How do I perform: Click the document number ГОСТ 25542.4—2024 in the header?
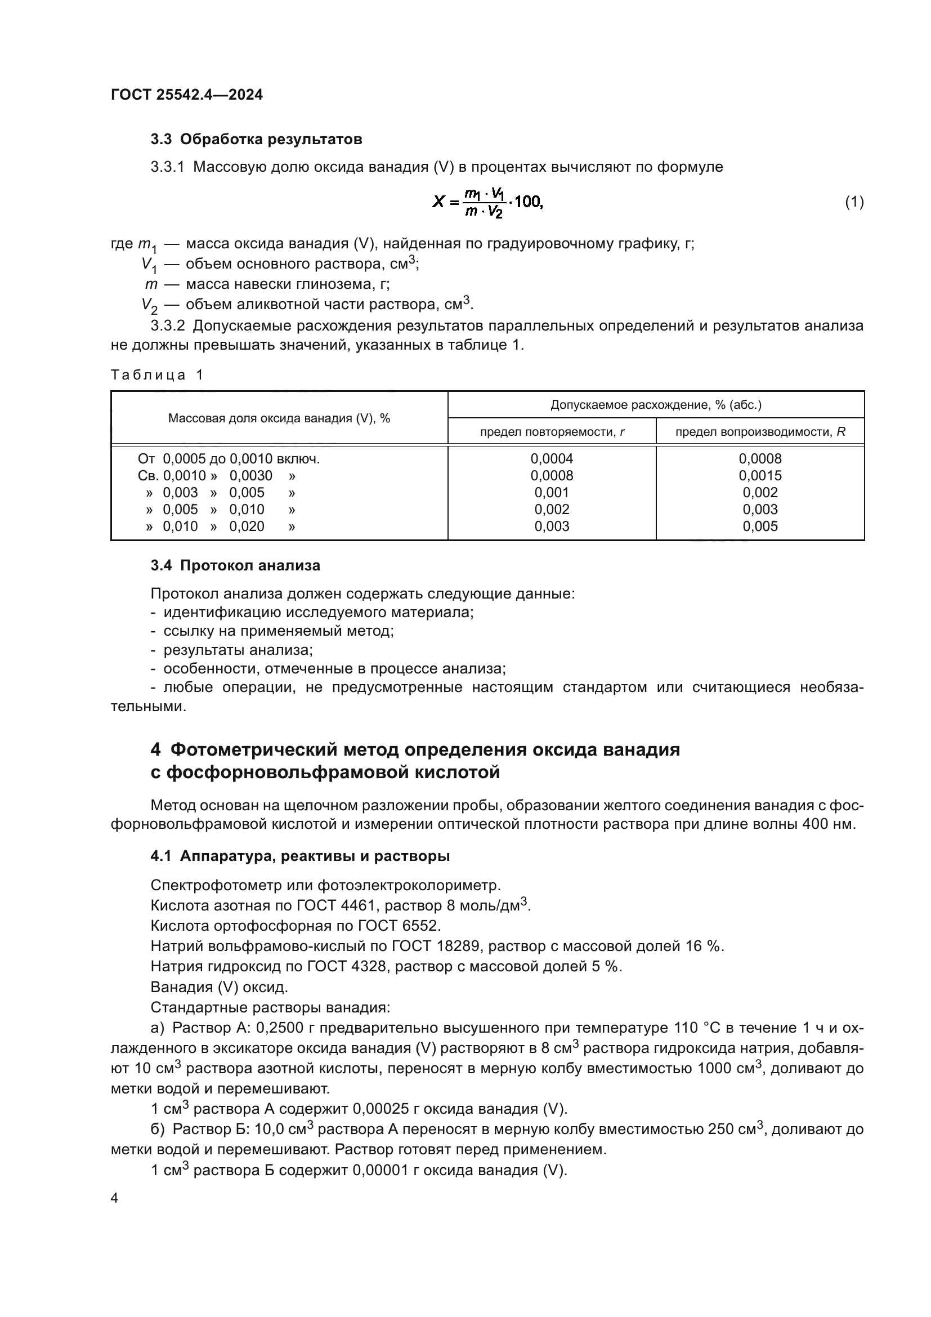[187, 95]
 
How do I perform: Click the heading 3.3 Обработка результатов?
[256, 140]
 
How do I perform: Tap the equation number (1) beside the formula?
[854, 202]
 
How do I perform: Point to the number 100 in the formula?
[528, 202]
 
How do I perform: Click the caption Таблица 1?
[157, 375]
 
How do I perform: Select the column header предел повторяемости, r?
[552, 432]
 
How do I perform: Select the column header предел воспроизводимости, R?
[760, 432]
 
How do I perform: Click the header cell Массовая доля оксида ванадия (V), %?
[279, 418]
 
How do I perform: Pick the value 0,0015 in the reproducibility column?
[760, 476]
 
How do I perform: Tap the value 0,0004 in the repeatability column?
[552, 459]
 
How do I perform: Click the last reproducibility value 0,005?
[760, 526]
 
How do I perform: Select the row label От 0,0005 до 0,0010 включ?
[228, 459]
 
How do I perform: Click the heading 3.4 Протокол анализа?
[235, 565]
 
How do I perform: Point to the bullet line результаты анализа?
[238, 650]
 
